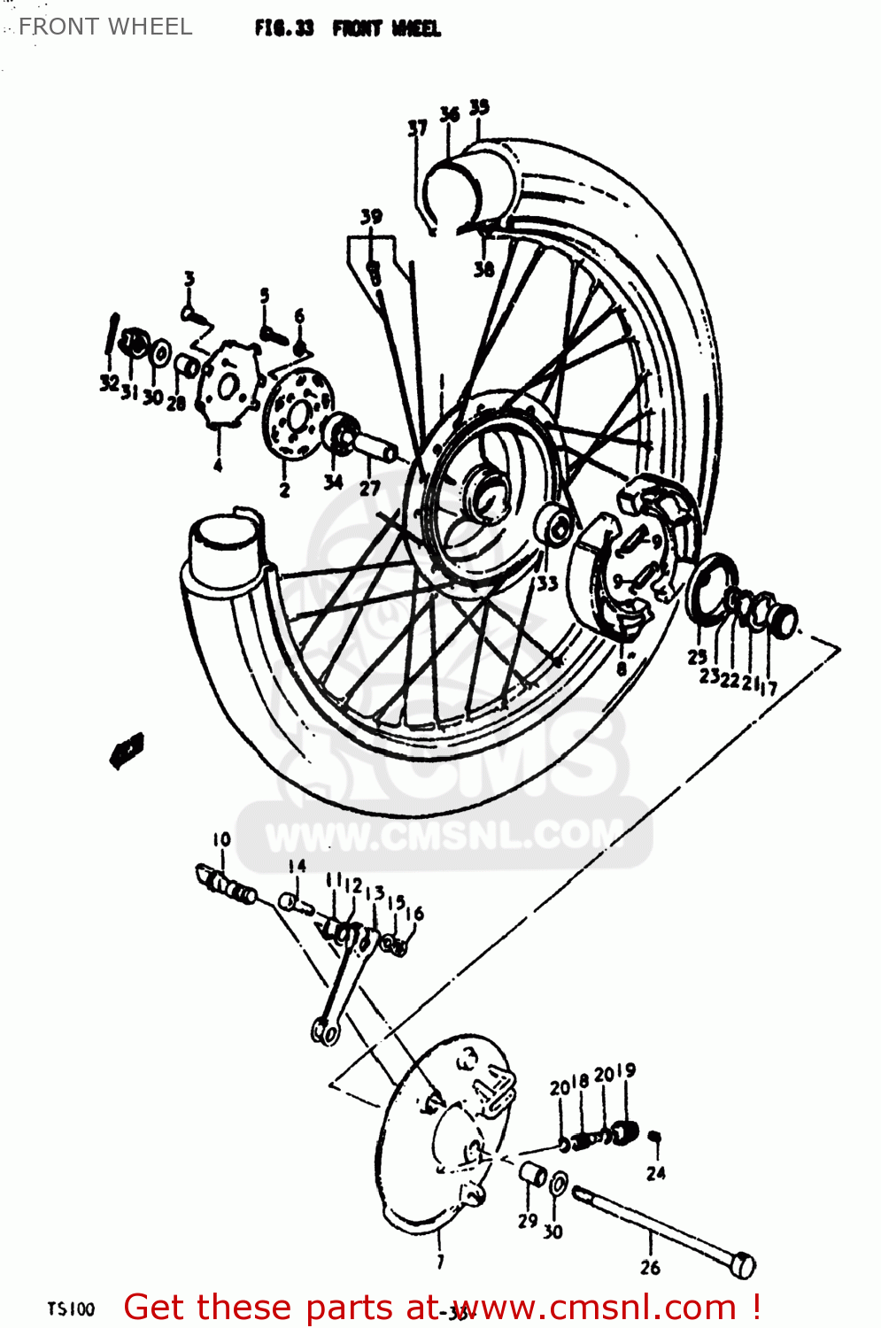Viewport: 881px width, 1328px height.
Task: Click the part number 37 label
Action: pos(417,128)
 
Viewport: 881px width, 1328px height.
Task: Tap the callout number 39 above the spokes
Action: pos(371,216)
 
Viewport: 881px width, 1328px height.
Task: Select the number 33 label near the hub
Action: pos(546,583)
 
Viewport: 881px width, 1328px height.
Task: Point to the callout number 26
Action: pos(650,1267)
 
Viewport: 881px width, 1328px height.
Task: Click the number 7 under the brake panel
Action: pos(440,1261)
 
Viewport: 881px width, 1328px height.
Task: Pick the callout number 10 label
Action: pos(221,839)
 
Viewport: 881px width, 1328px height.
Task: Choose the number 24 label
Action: pos(655,1173)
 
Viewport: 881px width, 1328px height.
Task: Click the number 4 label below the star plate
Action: pos(218,465)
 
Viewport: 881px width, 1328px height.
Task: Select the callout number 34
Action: pos(333,483)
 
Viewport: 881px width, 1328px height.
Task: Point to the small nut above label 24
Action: pos(655,1137)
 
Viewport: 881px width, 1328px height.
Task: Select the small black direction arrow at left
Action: pos(128,749)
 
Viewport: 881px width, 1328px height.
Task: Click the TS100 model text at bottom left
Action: pos(71,1309)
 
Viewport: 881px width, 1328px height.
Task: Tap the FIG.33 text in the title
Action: pos(283,28)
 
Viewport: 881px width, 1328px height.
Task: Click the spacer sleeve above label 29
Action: pos(533,1174)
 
